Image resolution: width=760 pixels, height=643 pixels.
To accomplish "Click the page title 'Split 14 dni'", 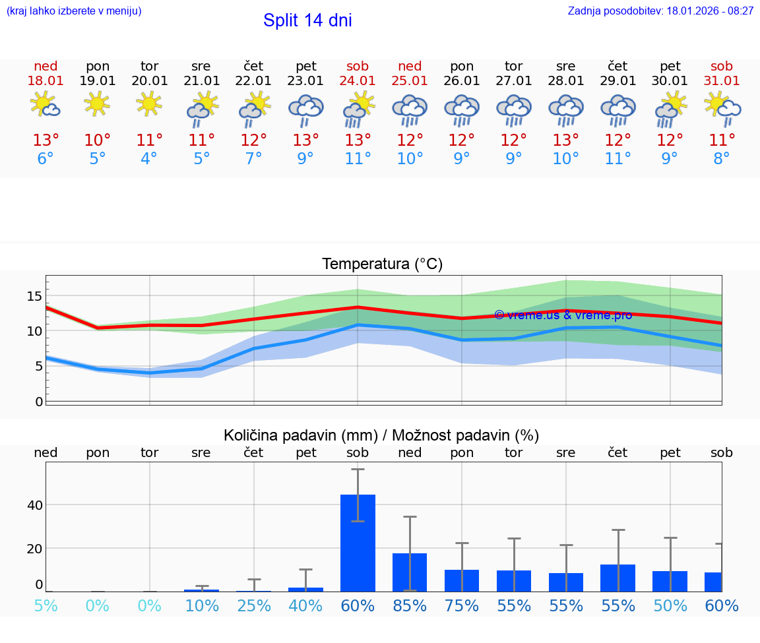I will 307,20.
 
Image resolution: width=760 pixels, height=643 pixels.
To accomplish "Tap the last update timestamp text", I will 660,11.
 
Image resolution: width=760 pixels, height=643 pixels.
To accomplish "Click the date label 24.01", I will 358,80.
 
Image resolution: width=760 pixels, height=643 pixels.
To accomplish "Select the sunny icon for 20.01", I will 149,104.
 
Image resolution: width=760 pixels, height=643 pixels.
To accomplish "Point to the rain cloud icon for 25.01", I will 410,109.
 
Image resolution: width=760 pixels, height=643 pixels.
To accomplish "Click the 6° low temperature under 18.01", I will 46,159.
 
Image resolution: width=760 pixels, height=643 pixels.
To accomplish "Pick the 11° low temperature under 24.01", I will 358,159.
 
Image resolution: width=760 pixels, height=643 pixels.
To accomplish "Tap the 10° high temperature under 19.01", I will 98,140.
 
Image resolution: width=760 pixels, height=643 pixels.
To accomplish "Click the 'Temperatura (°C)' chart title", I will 382,264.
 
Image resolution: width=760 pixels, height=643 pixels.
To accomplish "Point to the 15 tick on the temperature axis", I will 34,296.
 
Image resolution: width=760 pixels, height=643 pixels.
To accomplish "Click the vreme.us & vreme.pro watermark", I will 563,315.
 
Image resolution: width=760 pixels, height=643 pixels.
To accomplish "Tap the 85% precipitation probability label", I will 410,605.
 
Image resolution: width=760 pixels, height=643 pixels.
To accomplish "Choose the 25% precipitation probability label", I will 254,605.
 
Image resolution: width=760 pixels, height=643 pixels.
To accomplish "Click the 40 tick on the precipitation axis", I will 34,505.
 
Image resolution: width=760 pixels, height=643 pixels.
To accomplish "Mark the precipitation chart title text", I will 381,435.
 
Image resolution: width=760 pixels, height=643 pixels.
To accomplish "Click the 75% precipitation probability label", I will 462,605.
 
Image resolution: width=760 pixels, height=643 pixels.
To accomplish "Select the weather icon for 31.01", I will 722,108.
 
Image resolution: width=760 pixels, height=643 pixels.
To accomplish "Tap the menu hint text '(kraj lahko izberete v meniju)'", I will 73,11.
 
